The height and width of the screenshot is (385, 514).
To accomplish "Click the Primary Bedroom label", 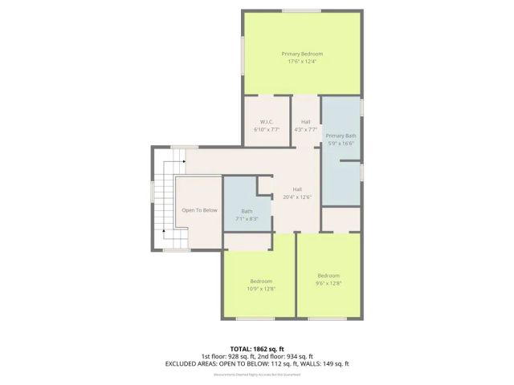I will tap(301, 54).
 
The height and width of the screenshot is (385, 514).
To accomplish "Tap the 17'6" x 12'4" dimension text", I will tap(301, 62).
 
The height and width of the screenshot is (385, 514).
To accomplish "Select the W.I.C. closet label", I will tap(267, 122).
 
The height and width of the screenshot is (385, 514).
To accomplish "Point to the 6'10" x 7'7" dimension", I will tap(267, 129).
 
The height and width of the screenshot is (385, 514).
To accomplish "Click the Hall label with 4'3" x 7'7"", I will tap(305, 122).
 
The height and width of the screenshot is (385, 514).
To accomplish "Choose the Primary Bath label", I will tap(341, 136).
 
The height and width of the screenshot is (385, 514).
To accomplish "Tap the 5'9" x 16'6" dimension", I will tap(341, 144).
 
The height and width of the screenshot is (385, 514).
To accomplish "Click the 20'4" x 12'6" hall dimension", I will tap(297, 197).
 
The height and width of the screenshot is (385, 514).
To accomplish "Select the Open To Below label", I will tap(199, 210).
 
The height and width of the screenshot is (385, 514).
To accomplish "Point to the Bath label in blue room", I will tap(247, 211).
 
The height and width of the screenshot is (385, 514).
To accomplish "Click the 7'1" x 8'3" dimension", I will tap(247, 218).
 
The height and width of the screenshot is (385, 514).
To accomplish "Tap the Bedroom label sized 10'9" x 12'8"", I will tap(261, 281).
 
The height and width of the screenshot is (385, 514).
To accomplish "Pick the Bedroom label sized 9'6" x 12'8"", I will tap(329, 275).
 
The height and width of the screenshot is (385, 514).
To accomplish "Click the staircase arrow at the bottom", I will tap(164, 230).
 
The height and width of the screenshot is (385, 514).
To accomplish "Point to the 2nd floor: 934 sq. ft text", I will tap(285, 356).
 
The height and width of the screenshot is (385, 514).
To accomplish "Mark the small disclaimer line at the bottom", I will tap(257, 374).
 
